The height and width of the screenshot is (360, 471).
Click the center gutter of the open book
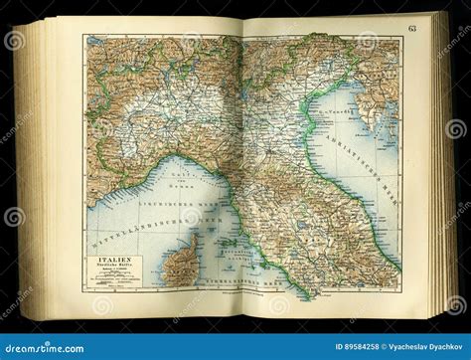pos(242,159)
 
